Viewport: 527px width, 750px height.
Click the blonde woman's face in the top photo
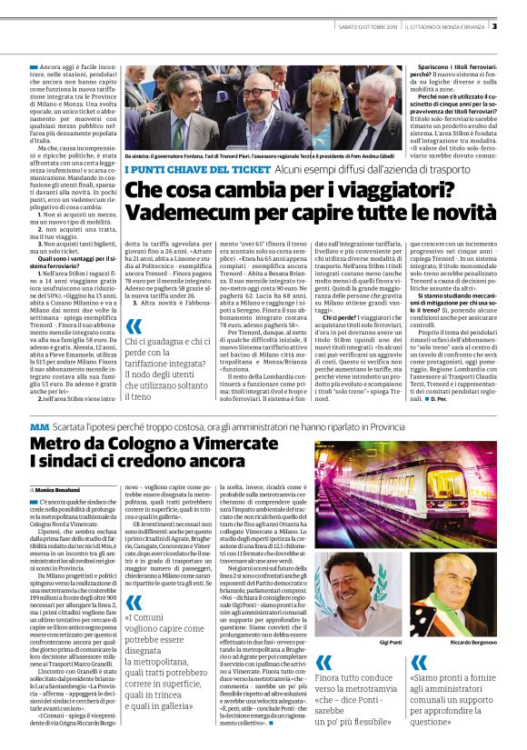[324, 89]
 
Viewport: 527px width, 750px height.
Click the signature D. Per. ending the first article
[438, 399]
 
